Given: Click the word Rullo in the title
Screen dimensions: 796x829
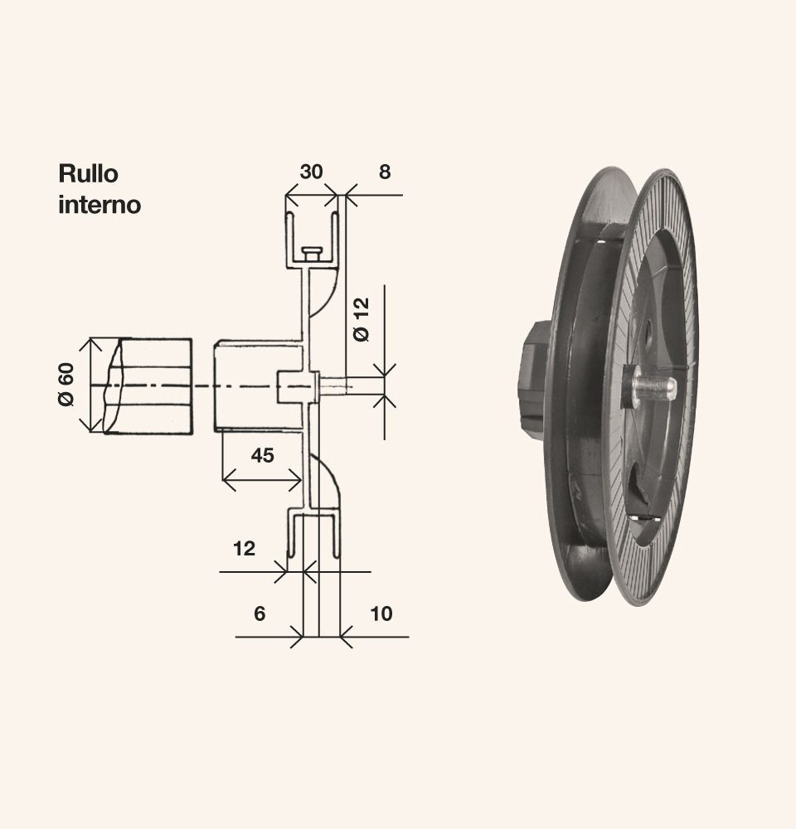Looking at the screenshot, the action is pos(89,173).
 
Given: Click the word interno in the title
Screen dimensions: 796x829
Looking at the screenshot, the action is pos(99,205).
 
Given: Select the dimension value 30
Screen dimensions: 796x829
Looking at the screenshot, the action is pos(311,172).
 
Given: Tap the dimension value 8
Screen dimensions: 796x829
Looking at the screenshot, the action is pos(385,172).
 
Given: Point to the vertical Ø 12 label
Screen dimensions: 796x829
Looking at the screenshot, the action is pos(362,319).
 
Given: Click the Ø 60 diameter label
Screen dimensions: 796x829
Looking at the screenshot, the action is pos(66,385).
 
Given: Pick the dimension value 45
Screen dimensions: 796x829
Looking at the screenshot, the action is pos(262,455).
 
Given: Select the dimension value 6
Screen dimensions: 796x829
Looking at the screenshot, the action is pos(260,613).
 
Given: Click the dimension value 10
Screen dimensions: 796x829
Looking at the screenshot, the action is pos(381,613).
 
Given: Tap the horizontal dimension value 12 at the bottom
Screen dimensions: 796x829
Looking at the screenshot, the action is pos(244,549).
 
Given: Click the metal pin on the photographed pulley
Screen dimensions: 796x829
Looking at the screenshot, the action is pos(655,387).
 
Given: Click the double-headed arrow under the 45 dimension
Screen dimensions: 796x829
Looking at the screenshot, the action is pos(262,479).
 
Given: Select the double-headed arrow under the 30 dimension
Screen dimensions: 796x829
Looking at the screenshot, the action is pos(312,195).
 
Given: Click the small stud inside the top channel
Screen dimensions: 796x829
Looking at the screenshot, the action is pos(312,254).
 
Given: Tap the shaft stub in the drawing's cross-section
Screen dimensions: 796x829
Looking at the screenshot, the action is pos(332,386).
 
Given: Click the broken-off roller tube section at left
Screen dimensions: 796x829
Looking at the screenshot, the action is pos(148,386).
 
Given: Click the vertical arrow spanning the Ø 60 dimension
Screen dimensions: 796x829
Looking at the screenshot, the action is pos(91,385).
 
